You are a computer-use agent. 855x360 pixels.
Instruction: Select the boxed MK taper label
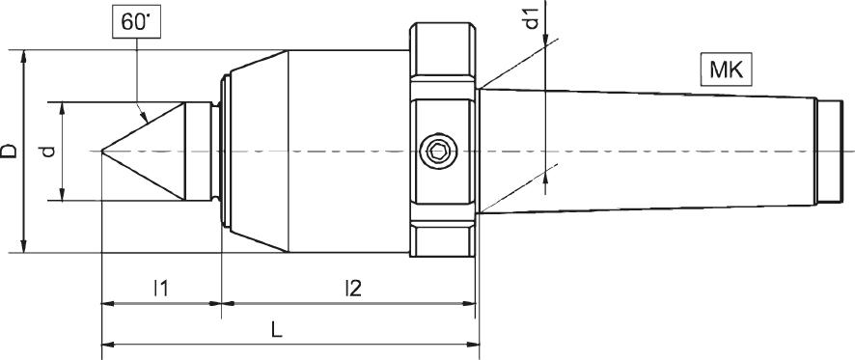point(726,70)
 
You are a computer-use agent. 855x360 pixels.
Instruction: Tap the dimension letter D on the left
point(9,151)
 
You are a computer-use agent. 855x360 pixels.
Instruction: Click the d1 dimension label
point(532,19)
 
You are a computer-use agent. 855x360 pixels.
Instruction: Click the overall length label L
point(277,328)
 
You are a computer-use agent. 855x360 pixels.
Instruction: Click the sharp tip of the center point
point(103,151)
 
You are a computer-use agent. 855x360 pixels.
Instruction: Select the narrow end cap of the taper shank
point(826,151)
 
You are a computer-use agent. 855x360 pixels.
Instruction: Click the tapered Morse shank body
point(647,151)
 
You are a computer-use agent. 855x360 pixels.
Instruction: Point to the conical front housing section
point(256,151)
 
